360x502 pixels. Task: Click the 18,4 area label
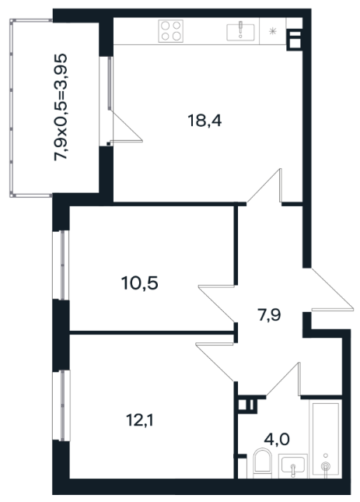204,121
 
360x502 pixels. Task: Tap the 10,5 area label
140,283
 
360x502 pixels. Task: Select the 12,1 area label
140,420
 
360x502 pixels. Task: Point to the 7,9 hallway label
269,315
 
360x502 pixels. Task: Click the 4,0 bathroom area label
277,439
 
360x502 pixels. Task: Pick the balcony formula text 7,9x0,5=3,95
61,107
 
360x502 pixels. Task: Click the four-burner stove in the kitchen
171,30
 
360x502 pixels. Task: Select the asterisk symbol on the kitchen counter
272,31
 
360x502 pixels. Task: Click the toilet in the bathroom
262,463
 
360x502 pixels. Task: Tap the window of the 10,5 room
61,265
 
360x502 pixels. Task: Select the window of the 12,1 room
61,405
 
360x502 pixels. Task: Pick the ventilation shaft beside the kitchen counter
295,40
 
